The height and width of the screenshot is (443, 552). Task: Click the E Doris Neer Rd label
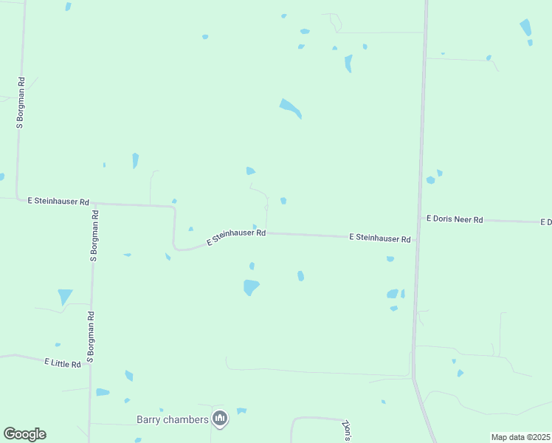coord(455,219)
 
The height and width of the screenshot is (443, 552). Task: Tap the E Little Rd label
coord(66,363)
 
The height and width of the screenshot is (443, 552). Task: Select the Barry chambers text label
coord(173,419)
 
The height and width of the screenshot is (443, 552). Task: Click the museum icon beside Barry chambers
coord(220,419)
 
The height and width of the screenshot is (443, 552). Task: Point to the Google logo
coord(24,434)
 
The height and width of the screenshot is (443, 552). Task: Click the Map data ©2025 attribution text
coord(520,437)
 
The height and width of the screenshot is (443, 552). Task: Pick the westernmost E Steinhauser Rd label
coord(58,201)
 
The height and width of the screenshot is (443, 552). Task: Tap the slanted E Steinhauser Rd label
coord(236,236)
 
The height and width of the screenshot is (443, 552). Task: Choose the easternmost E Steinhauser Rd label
coord(379,238)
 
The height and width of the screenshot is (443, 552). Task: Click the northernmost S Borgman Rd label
coord(21,103)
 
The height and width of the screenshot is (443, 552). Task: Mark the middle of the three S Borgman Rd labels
coord(94,236)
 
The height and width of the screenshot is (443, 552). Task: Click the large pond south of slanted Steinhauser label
coord(251,286)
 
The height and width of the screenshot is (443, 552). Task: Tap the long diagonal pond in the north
coord(290,109)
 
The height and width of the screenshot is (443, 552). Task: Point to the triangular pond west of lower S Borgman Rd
coord(65,296)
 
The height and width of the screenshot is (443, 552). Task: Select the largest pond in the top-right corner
coord(525,28)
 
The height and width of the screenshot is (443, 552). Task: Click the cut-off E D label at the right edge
coord(546,221)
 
